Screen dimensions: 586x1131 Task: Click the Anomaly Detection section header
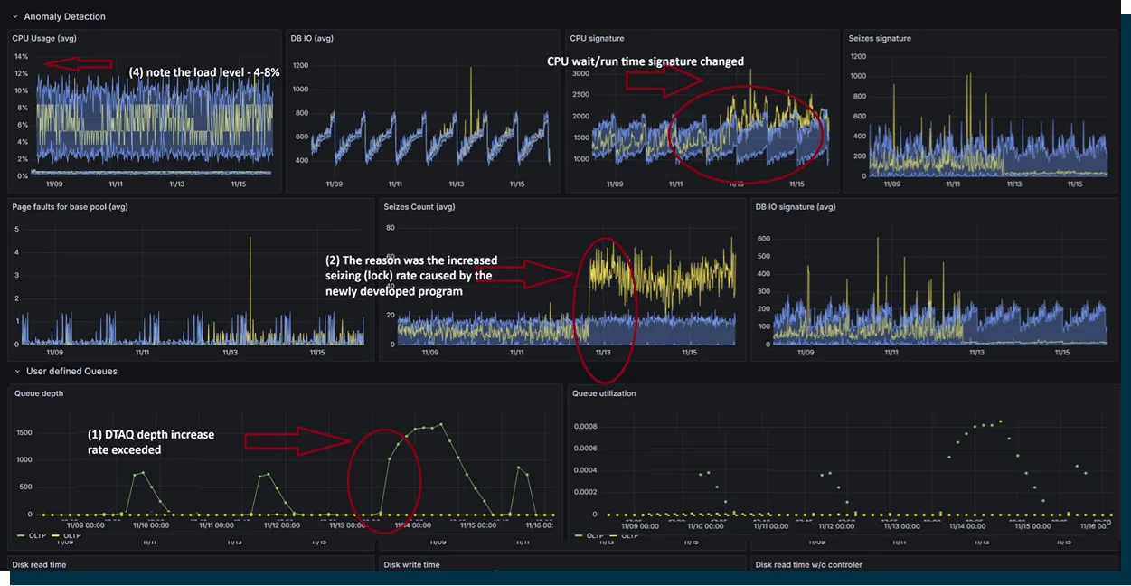pos(64,16)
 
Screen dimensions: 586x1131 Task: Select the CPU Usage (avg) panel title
pos(44,38)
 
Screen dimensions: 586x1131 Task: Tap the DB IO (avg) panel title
pos(313,38)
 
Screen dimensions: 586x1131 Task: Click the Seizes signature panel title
pos(880,38)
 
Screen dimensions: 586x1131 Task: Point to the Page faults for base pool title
pos(70,206)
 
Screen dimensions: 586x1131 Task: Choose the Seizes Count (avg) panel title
pos(419,206)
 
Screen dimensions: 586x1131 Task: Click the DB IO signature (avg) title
pos(796,206)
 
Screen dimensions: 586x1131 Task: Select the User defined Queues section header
pos(71,371)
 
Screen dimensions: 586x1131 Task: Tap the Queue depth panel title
pos(39,393)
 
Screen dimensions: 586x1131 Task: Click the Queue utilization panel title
pos(604,393)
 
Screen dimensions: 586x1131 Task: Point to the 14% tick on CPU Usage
pos(20,57)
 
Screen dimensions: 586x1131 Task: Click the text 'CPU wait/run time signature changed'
pos(646,61)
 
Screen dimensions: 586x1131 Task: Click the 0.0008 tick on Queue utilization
pos(584,426)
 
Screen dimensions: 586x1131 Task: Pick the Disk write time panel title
pos(411,564)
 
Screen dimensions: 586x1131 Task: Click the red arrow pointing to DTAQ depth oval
pos(297,440)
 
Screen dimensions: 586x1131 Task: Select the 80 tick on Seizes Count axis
pos(391,228)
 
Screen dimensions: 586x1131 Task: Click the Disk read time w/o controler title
pos(808,564)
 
